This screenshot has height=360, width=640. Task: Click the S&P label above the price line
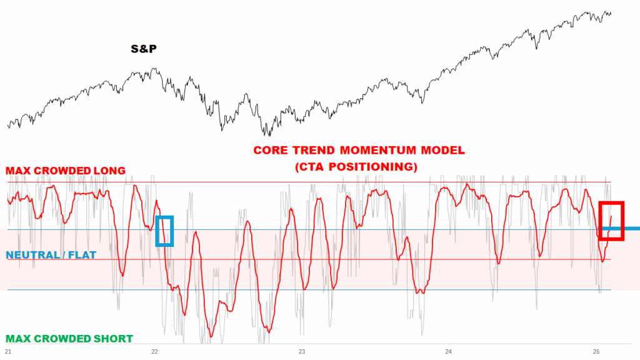143,49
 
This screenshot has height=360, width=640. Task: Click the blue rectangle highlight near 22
164,231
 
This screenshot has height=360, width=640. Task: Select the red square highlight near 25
611,221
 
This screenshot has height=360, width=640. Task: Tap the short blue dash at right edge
631,229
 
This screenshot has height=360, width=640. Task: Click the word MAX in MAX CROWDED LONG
18,171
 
